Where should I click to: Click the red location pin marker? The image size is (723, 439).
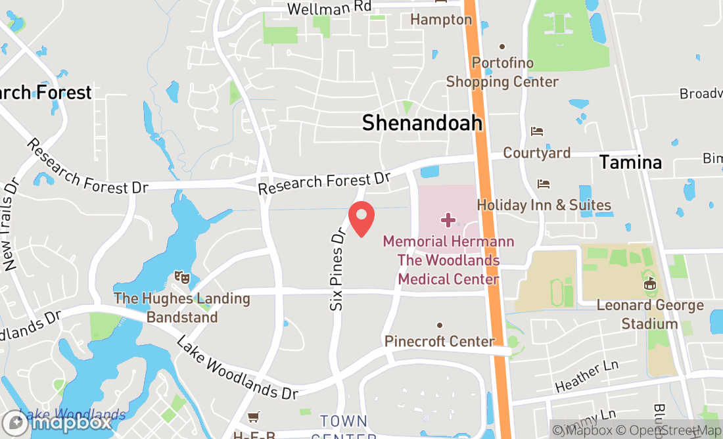pos(361,219)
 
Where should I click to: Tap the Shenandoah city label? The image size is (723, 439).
pos(422,122)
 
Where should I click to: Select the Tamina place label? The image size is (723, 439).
pos(630,162)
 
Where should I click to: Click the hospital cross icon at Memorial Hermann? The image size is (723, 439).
pos(448,219)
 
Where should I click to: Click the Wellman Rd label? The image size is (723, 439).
pos(329,8)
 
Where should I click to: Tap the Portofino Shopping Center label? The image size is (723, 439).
pos(503,72)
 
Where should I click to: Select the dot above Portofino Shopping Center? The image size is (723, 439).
pos(502,46)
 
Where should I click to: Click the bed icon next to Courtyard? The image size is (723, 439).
pos(537,131)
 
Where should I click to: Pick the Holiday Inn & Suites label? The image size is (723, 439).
pos(544,206)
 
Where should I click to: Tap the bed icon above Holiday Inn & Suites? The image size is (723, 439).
pos(543,183)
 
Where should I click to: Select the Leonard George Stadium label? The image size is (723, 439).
pos(649,314)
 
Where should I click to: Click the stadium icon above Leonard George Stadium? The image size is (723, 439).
pos(649,284)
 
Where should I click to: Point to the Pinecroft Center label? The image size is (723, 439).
pos(439,341)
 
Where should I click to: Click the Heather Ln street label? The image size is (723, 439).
pos(587,377)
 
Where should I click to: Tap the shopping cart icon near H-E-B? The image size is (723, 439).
pos(253,417)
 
